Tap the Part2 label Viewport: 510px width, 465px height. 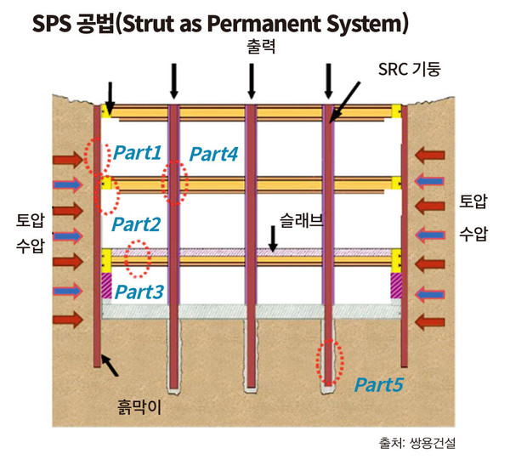click(137, 225)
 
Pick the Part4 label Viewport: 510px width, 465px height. click(213, 154)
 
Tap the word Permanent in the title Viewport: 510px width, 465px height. click(292, 22)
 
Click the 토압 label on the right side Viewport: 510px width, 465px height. click(474, 202)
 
